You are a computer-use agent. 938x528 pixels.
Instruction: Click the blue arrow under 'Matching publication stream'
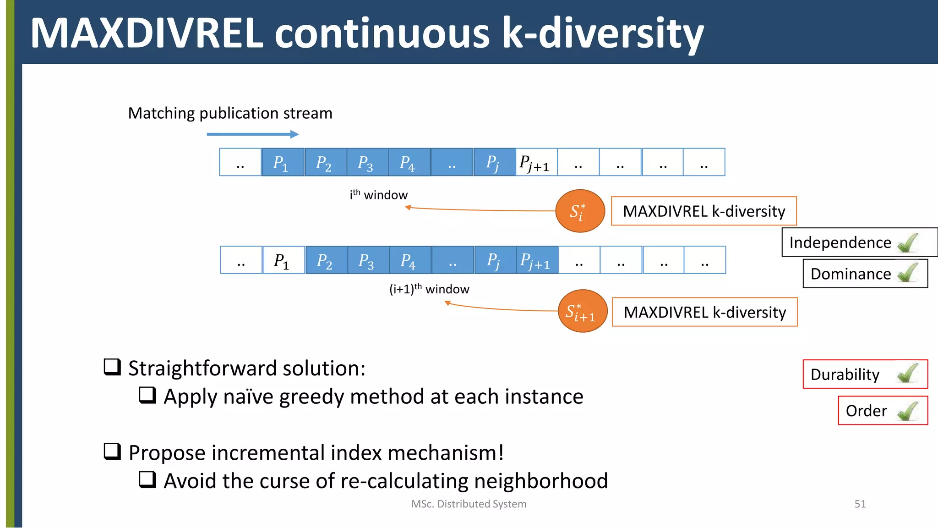coord(252,134)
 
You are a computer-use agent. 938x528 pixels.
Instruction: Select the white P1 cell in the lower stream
coord(283,260)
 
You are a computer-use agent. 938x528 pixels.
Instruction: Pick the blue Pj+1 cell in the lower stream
coord(537,260)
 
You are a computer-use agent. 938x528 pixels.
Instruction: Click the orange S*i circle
coord(580,211)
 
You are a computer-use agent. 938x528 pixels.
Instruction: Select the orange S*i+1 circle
coord(582,311)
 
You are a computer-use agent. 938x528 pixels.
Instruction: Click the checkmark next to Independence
coord(908,242)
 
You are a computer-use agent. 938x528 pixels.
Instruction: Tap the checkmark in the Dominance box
coord(908,273)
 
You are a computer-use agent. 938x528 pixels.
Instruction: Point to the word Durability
coord(845,374)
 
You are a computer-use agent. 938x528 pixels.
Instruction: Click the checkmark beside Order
coord(908,411)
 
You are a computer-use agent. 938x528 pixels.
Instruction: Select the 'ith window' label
coord(378,195)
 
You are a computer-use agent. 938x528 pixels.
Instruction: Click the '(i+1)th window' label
coord(429,289)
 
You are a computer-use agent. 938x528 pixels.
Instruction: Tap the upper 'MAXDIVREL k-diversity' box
coord(703,211)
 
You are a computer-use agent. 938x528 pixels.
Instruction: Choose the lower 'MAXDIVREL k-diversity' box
coord(704,312)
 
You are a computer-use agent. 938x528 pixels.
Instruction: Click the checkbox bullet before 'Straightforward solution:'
coord(112,367)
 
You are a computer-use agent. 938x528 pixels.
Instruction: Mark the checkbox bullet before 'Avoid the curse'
coord(147,480)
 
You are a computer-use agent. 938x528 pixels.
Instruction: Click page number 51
coord(860,504)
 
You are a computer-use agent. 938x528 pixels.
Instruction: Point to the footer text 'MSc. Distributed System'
coord(469,504)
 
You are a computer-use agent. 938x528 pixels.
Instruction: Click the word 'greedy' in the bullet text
coord(311,397)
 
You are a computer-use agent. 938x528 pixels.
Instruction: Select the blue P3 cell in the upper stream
coord(367,162)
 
